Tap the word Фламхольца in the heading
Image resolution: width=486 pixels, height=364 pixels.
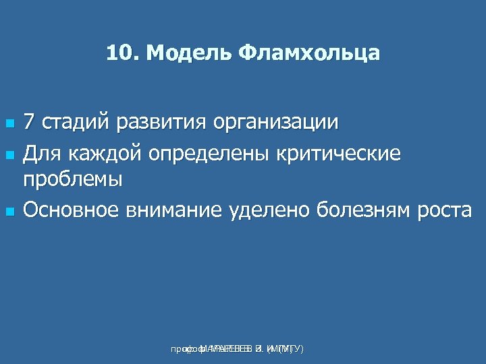[x=308, y=53]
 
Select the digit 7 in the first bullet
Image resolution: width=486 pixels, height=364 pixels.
[x=29, y=123]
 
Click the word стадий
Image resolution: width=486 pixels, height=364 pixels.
[x=74, y=123]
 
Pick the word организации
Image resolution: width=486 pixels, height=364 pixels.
[x=276, y=124]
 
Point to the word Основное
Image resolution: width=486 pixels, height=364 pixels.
[x=72, y=210]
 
